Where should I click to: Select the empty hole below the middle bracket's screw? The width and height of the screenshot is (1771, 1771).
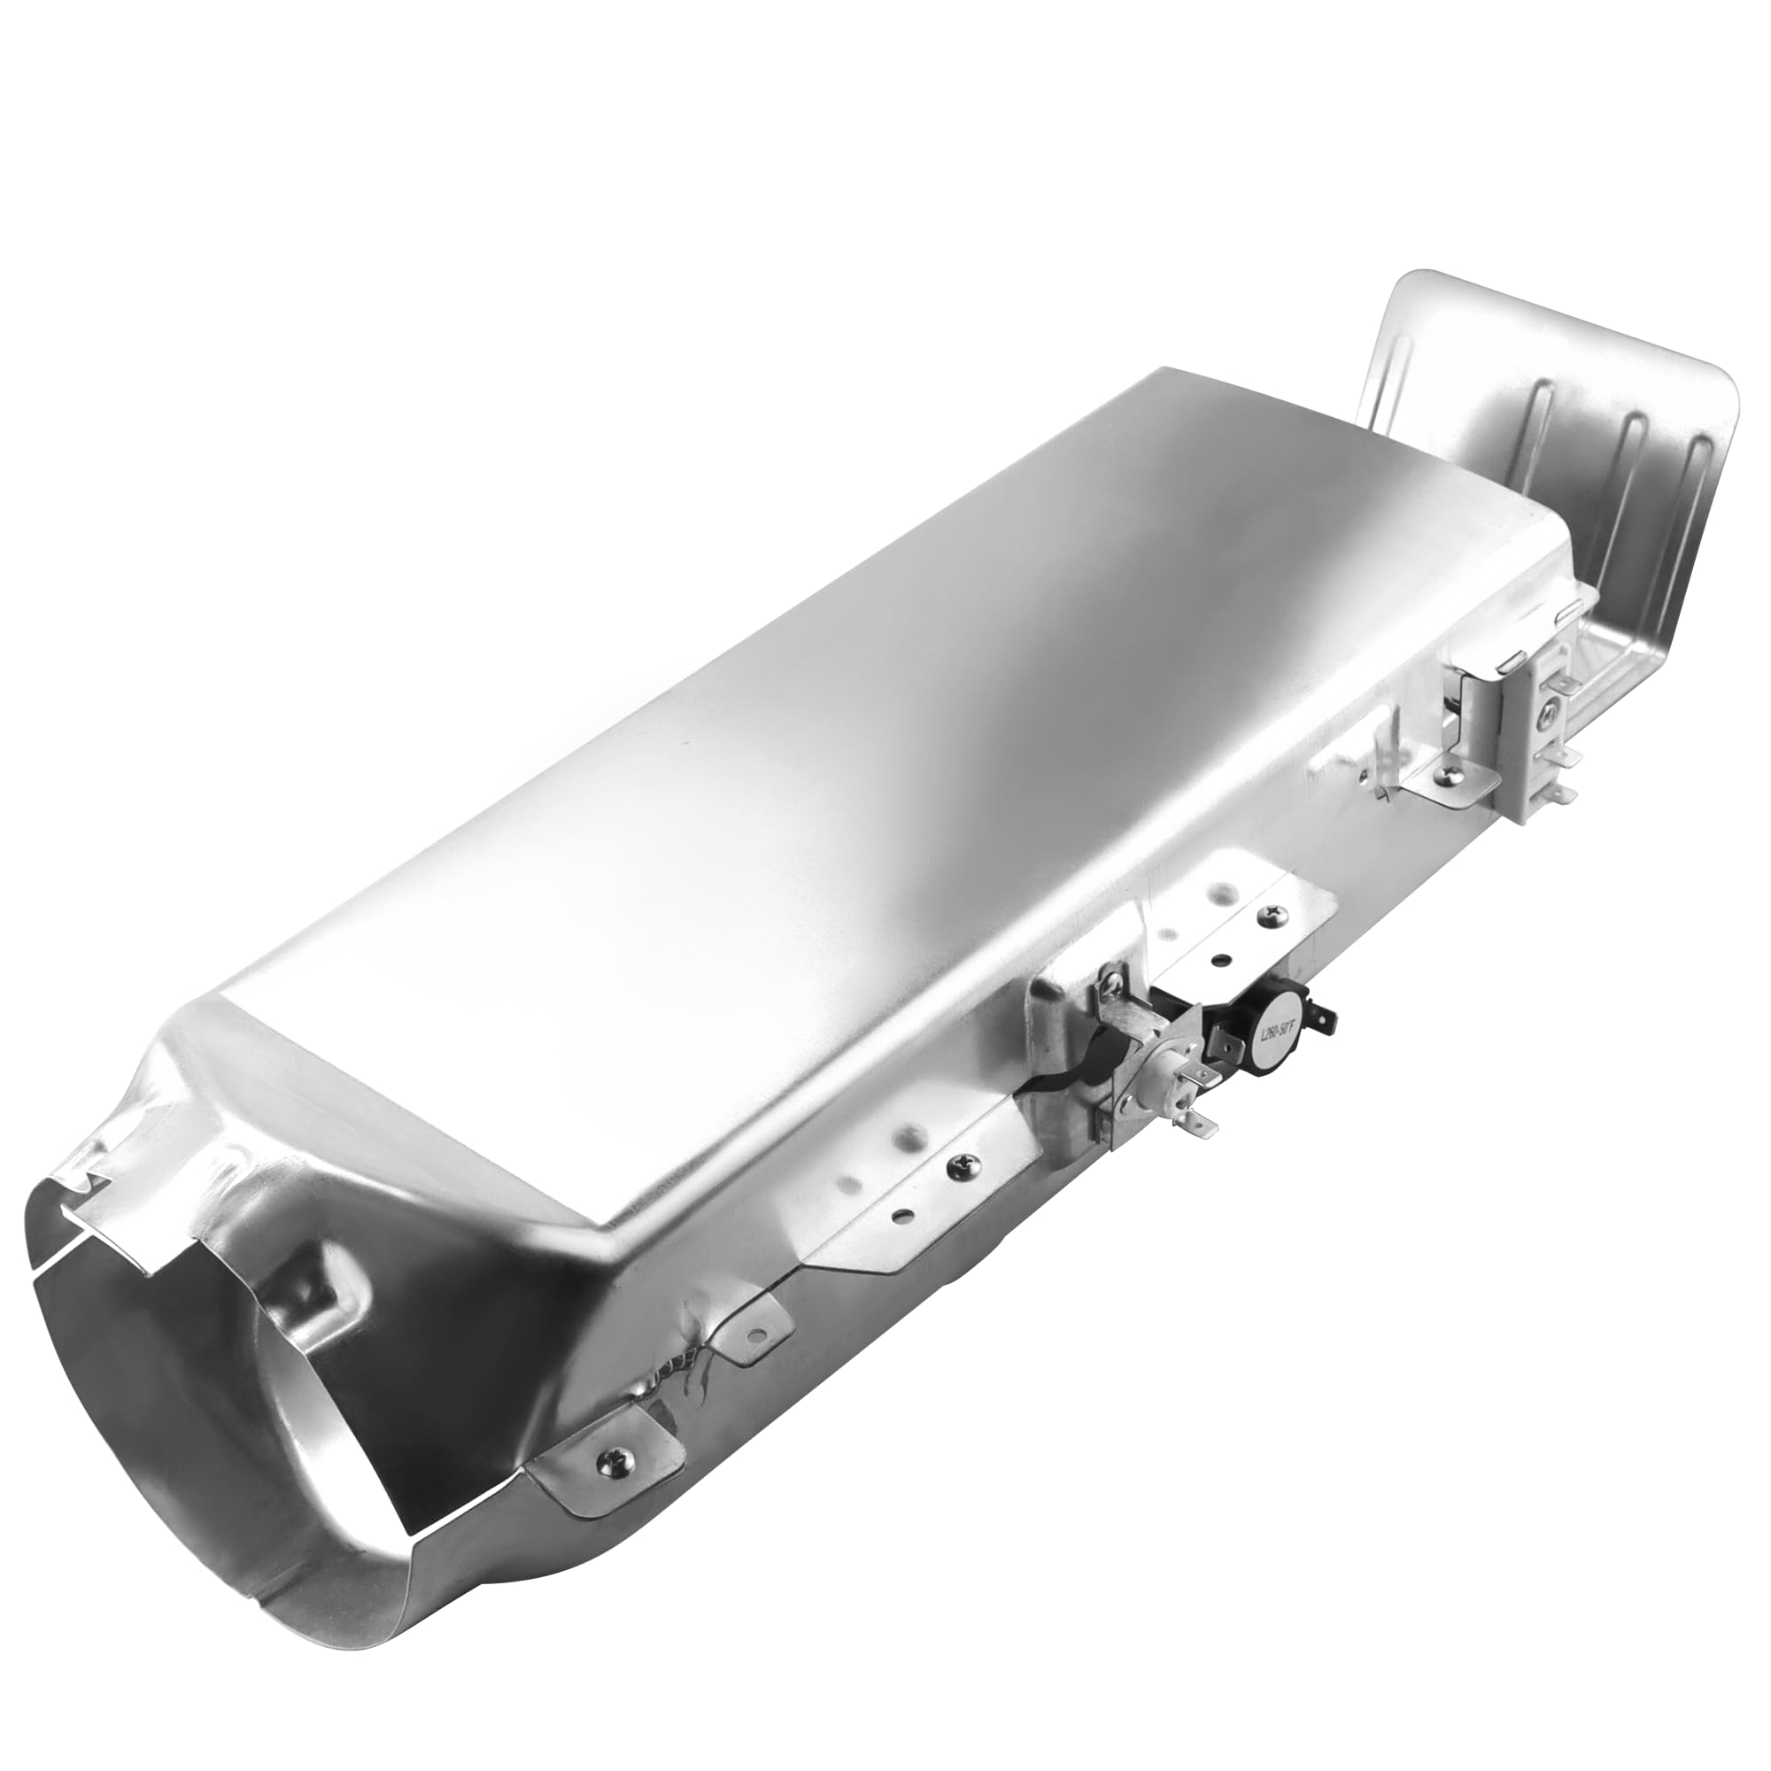point(903,1219)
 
